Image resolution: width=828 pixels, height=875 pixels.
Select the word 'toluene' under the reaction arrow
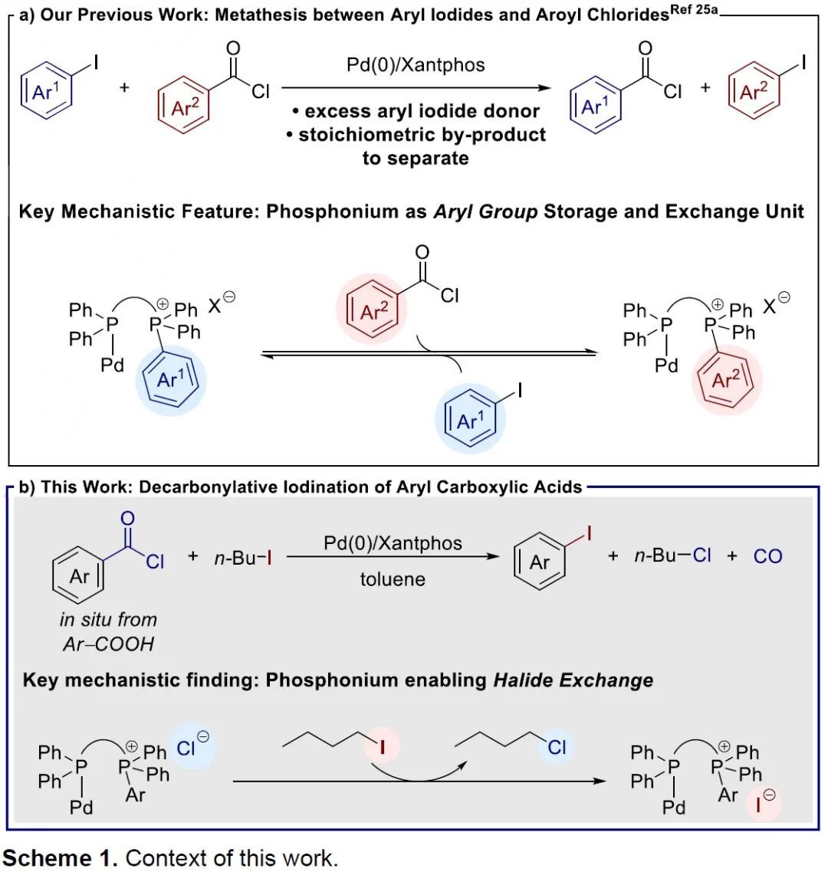[393, 578]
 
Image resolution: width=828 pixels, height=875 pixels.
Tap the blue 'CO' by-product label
[767, 556]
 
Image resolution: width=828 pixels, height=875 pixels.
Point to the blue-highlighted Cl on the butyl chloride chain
[557, 747]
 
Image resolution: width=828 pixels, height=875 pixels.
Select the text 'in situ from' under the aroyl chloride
[108, 619]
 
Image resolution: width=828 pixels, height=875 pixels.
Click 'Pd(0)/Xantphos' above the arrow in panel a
[416, 65]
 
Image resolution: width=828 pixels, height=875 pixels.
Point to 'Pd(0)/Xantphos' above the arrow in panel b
[393, 543]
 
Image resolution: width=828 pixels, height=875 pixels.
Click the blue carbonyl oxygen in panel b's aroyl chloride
[127, 519]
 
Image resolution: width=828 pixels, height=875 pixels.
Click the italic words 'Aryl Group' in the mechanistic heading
[485, 212]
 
